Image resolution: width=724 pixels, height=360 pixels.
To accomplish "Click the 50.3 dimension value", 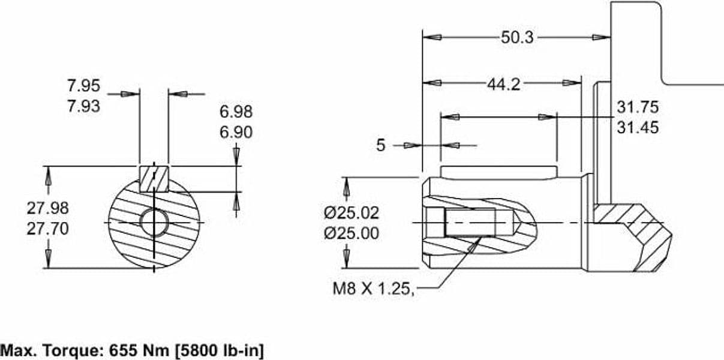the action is pyautogui.click(x=517, y=37).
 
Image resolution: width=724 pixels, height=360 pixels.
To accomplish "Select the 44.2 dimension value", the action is pyautogui.click(x=504, y=85).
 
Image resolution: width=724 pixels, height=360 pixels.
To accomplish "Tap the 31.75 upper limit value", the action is pyautogui.click(x=638, y=107).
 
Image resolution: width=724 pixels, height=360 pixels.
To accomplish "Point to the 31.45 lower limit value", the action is pyautogui.click(x=638, y=127).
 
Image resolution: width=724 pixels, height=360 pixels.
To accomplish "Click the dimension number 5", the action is pyautogui.click(x=381, y=145).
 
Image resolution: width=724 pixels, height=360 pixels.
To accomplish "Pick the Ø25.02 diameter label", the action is pyautogui.click(x=352, y=213).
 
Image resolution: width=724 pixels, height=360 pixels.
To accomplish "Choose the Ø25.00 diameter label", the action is pyautogui.click(x=352, y=233).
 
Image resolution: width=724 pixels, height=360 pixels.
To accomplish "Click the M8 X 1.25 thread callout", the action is pyautogui.click(x=373, y=288).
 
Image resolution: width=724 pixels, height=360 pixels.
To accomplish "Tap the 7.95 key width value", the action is pyautogui.click(x=84, y=86).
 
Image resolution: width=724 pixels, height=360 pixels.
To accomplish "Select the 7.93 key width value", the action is pyautogui.click(x=84, y=106).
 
